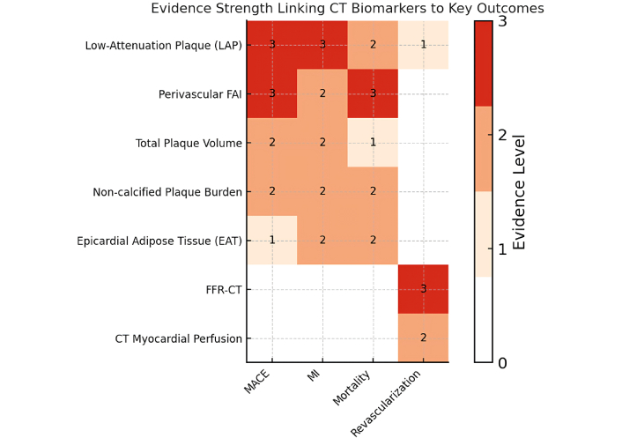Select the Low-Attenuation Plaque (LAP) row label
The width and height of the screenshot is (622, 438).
tap(163, 45)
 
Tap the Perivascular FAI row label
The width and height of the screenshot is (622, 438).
tap(200, 94)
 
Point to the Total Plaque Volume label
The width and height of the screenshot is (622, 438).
tap(189, 143)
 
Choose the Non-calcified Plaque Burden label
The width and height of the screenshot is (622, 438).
tap(167, 192)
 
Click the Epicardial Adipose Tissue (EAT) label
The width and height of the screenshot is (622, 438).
tap(159, 241)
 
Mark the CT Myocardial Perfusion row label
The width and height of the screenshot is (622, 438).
tap(179, 338)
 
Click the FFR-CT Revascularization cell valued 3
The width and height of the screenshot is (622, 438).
tap(423, 289)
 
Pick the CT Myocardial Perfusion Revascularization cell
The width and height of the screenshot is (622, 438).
tap(423, 338)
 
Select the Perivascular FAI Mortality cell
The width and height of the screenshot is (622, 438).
tap(373, 94)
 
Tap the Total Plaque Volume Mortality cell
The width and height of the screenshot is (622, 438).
tap(373, 143)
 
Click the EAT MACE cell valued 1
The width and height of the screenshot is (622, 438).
tap(272, 241)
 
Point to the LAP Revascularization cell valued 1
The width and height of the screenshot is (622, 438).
tap(423, 45)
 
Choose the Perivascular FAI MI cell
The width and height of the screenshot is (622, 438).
tap(322, 94)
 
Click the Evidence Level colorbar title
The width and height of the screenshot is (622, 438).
tap(519, 192)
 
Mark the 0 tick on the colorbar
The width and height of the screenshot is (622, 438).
tap(502, 362)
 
